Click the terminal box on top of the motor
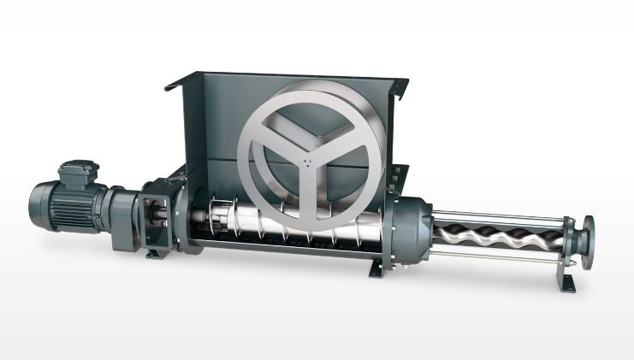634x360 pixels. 78,171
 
